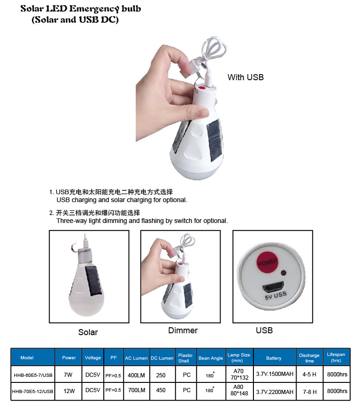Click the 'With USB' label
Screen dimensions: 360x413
[246, 77]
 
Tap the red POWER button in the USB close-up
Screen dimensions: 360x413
[267, 262]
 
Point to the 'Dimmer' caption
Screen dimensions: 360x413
[183, 330]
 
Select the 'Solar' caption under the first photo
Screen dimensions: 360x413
[88, 332]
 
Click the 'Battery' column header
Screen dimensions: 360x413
[274, 358]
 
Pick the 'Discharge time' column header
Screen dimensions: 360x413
[309, 358]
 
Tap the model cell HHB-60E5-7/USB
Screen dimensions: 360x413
[33, 375]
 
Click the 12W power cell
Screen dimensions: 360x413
[69, 391]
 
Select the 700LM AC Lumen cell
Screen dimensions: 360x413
[136, 390]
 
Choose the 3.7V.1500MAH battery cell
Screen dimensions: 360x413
[275, 374]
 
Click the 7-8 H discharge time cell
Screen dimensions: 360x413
[309, 392]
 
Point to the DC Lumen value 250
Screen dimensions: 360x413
[161, 375]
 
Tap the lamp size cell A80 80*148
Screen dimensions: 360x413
[239, 390]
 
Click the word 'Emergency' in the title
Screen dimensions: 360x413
[94, 9]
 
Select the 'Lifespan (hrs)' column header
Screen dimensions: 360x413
[336, 357]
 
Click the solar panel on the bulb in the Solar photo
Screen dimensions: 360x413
[93, 280]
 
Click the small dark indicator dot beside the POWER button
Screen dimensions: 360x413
[284, 273]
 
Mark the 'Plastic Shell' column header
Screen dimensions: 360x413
[185, 358]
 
